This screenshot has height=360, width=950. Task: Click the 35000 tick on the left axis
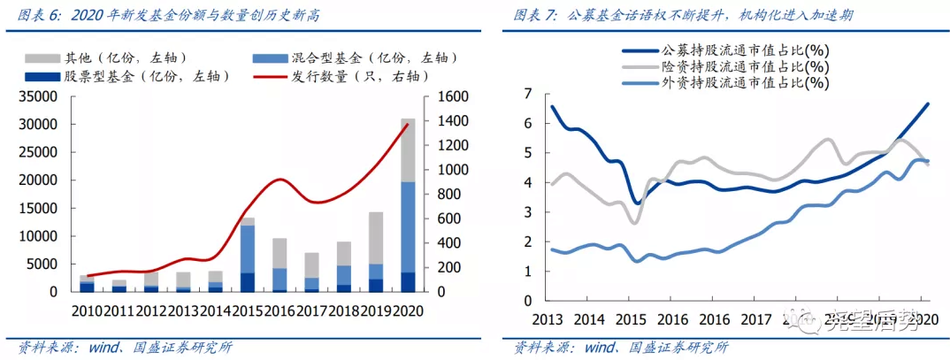pos(38,96)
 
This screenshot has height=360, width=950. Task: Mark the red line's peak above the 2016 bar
pos(280,180)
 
